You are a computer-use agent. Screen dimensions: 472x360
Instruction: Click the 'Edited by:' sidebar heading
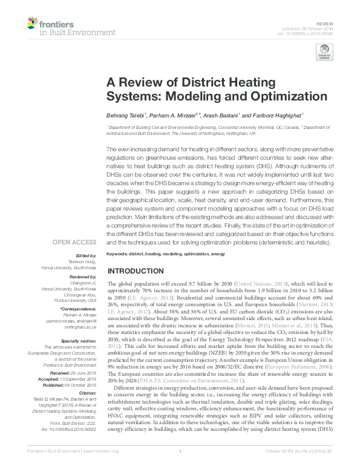click(86, 257)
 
